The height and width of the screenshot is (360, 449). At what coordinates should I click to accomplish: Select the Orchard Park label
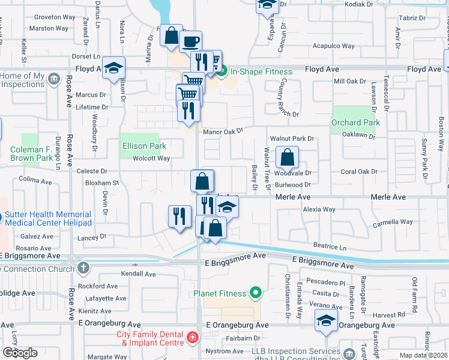[356, 123]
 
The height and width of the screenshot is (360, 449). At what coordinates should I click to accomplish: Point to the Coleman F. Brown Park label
[32, 154]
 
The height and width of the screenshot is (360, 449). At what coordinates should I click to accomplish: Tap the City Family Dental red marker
[192, 338]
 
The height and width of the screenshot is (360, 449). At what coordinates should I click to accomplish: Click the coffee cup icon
[191, 41]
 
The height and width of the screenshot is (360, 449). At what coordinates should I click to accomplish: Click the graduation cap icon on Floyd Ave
[112, 68]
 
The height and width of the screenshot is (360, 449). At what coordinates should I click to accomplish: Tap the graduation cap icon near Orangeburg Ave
[326, 321]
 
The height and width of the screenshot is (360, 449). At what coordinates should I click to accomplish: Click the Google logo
[20, 353]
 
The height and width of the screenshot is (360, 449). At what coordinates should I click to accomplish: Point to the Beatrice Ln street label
[330, 247]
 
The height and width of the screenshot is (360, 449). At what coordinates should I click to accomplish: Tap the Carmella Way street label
[393, 222]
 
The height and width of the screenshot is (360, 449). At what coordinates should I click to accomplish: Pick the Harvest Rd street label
[393, 314]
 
